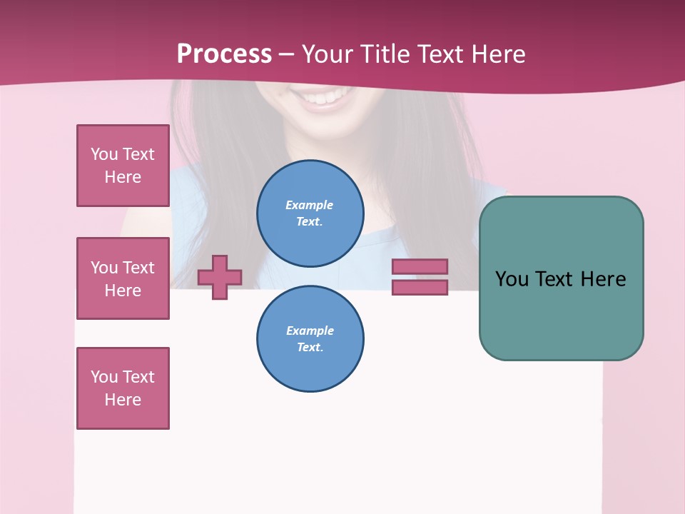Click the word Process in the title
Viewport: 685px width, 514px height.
pyautogui.click(x=224, y=54)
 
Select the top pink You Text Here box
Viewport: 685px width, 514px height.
pyautogui.click(x=123, y=166)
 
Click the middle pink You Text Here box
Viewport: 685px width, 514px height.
pyautogui.click(x=123, y=278)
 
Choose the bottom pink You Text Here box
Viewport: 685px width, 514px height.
pyautogui.click(x=123, y=388)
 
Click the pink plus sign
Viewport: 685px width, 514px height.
pyautogui.click(x=220, y=277)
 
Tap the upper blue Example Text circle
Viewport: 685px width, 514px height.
pyautogui.click(x=310, y=213)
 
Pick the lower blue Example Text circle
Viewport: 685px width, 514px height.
pyautogui.click(x=310, y=338)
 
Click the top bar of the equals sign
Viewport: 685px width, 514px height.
pyautogui.click(x=420, y=267)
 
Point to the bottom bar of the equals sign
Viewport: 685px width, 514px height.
pyautogui.click(x=420, y=288)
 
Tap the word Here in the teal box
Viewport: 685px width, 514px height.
pyautogui.click(x=603, y=279)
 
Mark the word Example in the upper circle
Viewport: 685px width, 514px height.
pyautogui.click(x=309, y=205)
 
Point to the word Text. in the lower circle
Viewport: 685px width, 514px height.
pyautogui.click(x=310, y=348)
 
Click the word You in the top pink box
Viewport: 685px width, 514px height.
pyautogui.click(x=104, y=154)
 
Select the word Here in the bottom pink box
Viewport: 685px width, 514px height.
pyautogui.click(x=123, y=400)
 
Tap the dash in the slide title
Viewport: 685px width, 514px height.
pyautogui.click(x=287, y=55)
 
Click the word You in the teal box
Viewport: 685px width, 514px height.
pyautogui.click(x=512, y=279)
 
